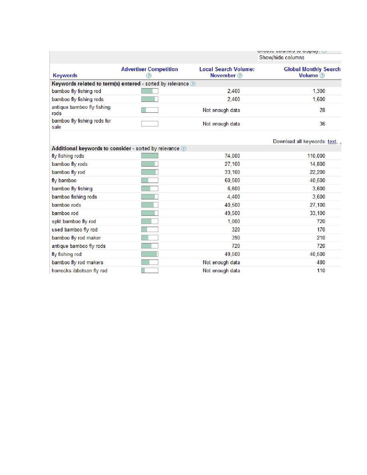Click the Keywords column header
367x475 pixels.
click(65, 75)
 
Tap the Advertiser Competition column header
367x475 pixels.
click(149, 69)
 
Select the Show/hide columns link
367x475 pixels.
click(281, 58)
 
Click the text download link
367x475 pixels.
click(332, 141)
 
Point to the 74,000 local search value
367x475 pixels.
click(232, 156)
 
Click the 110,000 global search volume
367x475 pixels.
click(316, 156)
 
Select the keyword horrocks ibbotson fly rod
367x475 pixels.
click(79, 271)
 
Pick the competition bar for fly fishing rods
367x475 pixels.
click(149, 156)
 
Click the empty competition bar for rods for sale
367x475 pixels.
click(149, 124)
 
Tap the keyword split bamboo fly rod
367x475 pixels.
click(74, 221)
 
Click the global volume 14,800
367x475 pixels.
click(317, 164)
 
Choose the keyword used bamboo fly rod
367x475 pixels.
click(75, 229)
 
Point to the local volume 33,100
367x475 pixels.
click(232, 172)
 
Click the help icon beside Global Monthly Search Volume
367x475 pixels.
click(322, 75)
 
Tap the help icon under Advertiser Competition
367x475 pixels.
click(149, 75)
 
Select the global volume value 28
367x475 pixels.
click(322, 110)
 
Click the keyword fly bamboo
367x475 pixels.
click(64, 181)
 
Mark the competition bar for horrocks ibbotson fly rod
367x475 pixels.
click(149, 271)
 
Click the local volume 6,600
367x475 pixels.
click(233, 189)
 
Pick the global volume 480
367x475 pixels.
click(321, 262)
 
